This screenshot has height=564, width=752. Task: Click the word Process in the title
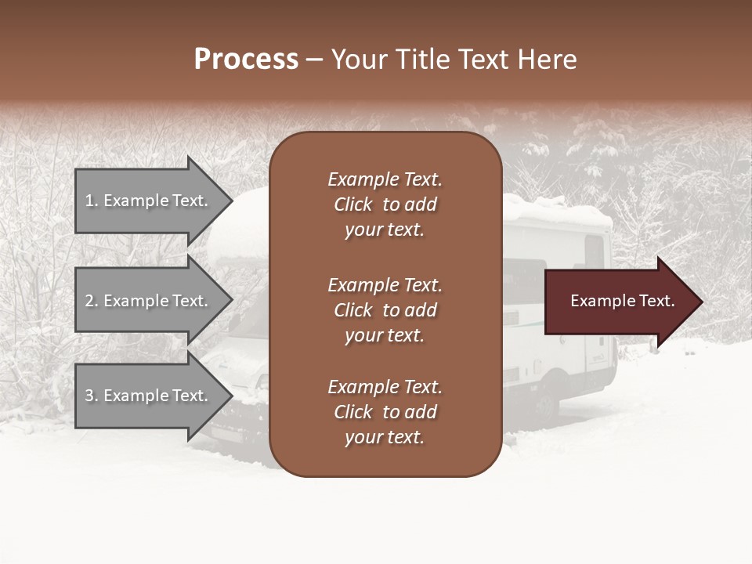[246, 59]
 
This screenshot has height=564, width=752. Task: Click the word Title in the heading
[425, 59]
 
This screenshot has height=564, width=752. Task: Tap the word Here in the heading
[545, 59]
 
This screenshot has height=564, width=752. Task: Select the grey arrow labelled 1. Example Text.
[149, 201]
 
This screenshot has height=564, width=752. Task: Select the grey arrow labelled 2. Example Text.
[149, 301]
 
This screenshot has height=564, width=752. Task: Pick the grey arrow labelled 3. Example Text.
[149, 396]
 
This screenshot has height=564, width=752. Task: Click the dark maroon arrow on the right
[619, 302]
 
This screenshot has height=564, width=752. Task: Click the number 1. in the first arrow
[92, 201]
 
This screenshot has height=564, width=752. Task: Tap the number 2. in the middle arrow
[92, 301]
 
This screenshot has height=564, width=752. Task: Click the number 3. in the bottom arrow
[92, 396]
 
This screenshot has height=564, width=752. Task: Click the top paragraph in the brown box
[385, 204]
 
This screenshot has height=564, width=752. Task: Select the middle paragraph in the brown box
[385, 310]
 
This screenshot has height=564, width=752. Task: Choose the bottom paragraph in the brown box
[385, 412]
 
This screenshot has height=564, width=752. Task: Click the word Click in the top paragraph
[352, 204]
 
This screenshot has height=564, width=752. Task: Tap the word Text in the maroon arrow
[656, 301]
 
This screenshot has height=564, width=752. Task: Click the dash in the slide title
[314, 60]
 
